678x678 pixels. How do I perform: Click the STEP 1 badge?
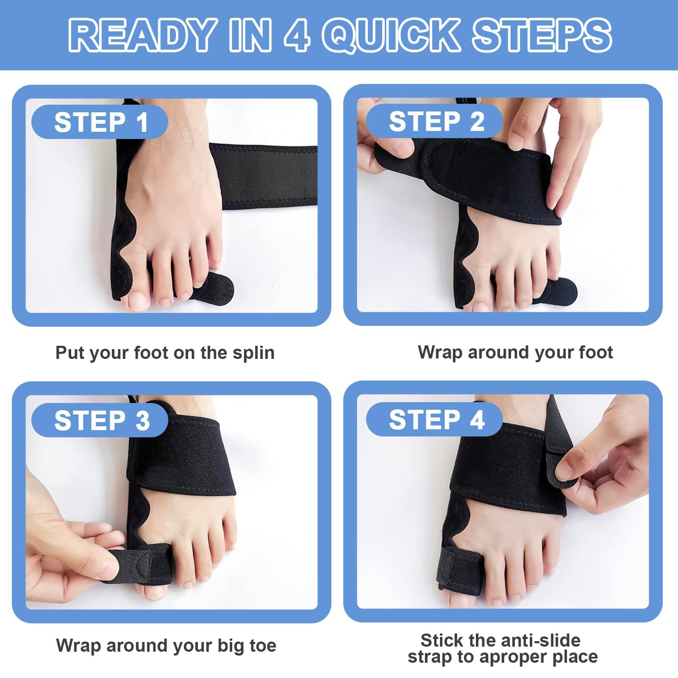click(x=100, y=122)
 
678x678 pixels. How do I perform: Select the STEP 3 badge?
click(x=100, y=420)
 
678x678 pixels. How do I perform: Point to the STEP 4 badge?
click(x=435, y=419)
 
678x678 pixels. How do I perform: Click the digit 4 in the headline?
click(x=297, y=35)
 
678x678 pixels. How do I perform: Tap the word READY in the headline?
click(x=142, y=35)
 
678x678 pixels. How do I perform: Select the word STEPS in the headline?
click(x=542, y=35)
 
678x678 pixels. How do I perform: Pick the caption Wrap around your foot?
click(x=515, y=352)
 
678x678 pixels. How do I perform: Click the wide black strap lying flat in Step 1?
click(x=267, y=176)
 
